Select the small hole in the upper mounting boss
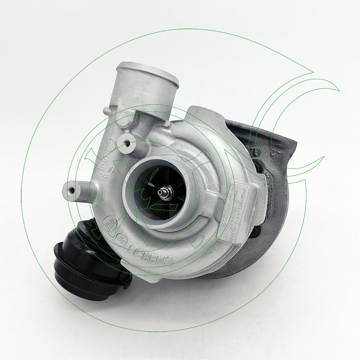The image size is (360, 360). point(127,143)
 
